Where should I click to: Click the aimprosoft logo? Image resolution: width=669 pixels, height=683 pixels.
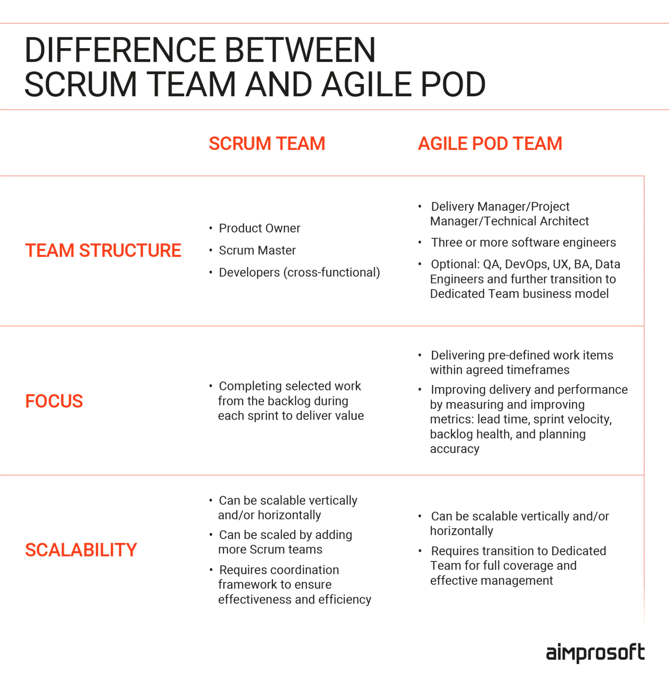tap(595, 653)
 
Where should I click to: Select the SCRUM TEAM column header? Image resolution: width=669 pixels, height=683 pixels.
tap(267, 143)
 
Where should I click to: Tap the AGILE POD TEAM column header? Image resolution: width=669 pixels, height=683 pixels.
tap(490, 143)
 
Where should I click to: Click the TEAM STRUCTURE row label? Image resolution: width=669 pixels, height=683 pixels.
tap(103, 250)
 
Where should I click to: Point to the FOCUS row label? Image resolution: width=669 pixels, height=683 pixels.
tap(54, 401)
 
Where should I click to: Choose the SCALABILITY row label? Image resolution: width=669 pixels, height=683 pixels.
tap(81, 550)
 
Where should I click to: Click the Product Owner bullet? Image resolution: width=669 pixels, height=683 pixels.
tap(259, 228)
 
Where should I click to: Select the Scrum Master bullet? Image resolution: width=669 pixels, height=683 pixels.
tap(257, 250)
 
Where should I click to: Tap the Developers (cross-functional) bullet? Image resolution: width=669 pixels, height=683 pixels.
tap(299, 272)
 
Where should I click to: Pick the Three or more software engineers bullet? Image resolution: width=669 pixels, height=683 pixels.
tap(523, 243)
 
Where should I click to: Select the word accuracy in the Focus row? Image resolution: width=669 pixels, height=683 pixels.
tap(454, 449)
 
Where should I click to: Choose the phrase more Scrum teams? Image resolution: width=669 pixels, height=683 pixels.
tap(270, 549)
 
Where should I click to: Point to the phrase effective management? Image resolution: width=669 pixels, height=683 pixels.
tap(491, 581)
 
